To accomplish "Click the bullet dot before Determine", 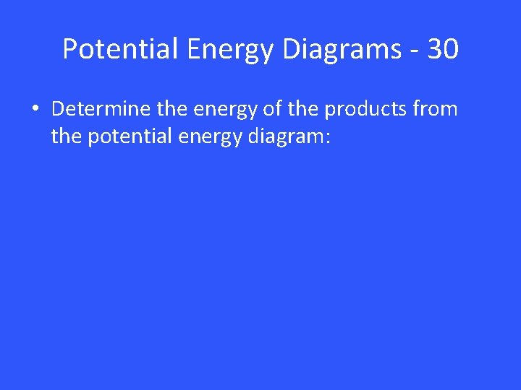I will pyautogui.click(x=35, y=110).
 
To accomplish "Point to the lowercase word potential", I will pyautogui.click(x=128, y=138).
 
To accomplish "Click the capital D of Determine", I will pyautogui.click(x=58, y=109).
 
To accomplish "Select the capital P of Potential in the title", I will pyautogui.click(x=70, y=49).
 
